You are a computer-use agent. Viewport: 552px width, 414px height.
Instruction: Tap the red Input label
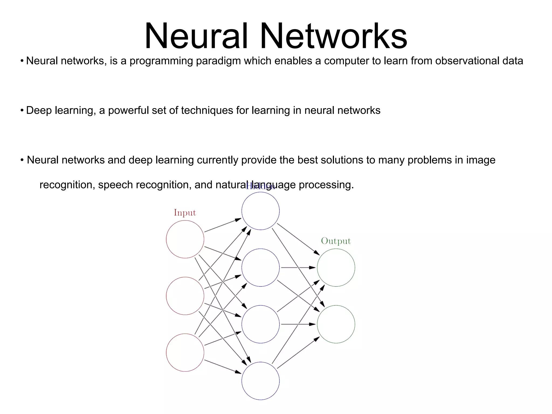[185, 213]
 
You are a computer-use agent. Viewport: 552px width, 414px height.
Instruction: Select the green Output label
[336, 241]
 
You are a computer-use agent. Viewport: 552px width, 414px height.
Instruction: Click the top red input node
[185, 239]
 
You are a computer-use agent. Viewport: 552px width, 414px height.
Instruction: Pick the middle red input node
[185, 296]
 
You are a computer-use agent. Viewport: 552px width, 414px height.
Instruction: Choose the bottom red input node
[185, 353]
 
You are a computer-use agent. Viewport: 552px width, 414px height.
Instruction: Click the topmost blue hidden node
[260, 211]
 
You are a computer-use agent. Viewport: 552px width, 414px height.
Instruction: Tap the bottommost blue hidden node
[260, 381]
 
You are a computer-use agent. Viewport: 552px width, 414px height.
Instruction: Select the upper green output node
[336, 267]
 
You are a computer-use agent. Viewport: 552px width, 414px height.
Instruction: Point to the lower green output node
[336, 324]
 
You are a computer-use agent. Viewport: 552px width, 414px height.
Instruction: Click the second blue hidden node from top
[260, 267]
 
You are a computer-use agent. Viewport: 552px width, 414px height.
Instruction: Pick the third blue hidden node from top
[260, 324]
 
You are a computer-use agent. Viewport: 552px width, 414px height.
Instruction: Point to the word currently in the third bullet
[218, 160]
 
